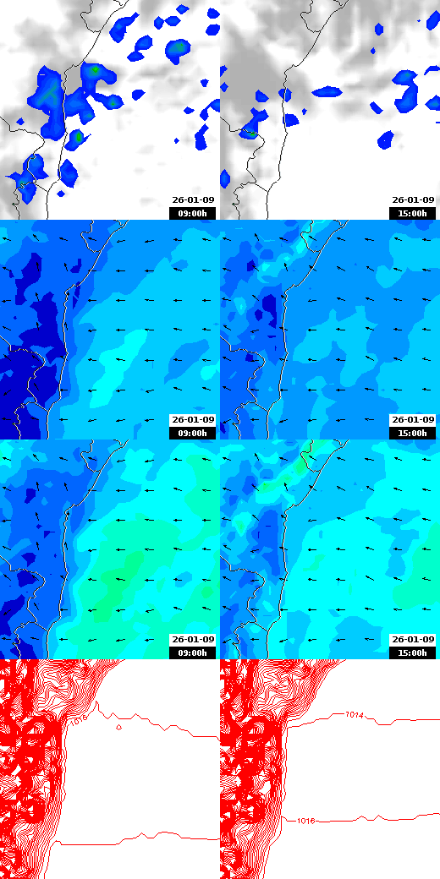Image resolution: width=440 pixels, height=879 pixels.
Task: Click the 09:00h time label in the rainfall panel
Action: tap(193, 213)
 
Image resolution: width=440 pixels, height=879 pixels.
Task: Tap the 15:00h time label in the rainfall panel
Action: tap(413, 213)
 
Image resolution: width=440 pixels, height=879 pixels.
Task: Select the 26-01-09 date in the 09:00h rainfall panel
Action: tap(193, 200)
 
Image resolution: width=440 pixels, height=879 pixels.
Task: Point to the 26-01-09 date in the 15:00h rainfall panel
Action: tap(413, 200)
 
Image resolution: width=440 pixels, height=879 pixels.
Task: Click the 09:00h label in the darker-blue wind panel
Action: tap(193, 433)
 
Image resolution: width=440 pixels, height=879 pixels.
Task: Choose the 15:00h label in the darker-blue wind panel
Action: tap(413, 433)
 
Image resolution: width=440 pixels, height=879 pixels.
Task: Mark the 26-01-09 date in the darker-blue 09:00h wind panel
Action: tap(193, 420)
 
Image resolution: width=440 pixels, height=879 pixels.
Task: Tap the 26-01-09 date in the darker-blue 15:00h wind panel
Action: tap(413, 420)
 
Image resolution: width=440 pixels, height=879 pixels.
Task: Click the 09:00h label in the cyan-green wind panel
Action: tap(193, 652)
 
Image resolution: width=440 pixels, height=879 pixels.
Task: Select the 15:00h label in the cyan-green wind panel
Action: tap(413, 652)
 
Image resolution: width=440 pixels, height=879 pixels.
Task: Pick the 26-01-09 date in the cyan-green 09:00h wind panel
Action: tap(193, 640)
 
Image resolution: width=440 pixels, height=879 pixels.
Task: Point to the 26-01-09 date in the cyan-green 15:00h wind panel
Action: tap(413, 640)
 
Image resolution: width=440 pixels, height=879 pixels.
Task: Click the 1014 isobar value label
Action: tap(355, 716)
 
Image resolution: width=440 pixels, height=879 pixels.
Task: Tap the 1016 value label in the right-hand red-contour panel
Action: tap(306, 820)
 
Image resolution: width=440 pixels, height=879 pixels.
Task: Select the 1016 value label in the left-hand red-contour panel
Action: tap(79, 721)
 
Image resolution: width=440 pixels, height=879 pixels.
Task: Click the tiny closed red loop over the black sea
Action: tap(118, 727)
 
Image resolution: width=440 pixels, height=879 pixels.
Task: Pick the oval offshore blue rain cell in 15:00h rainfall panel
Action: tap(385, 139)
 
